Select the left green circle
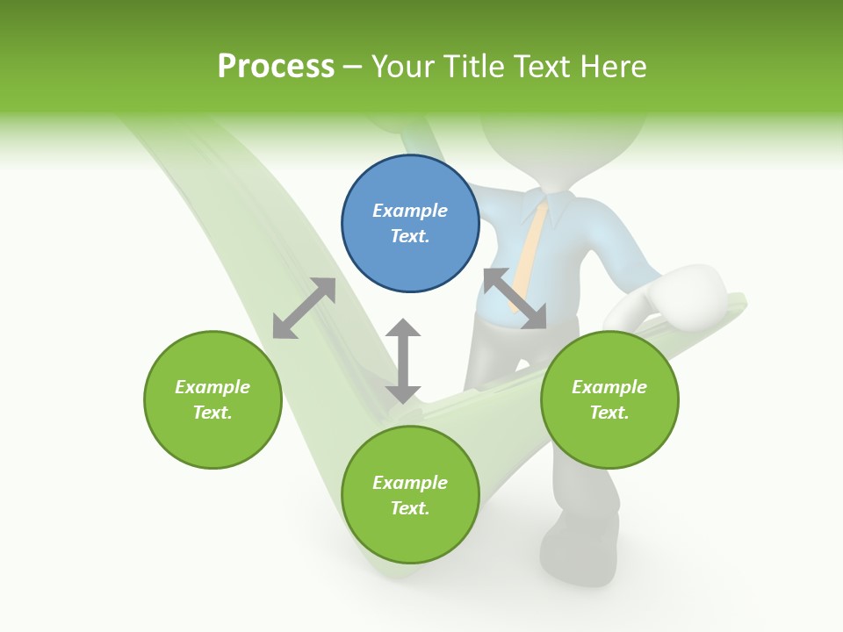pyautogui.click(x=213, y=399)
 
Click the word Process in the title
pyautogui.click(x=276, y=66)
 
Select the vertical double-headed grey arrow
pyautogui.click(x=403, y=361)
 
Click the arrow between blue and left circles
pyautogui.click(x=304, y=308)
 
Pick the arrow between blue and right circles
pyautogui.click(x=515, y=298)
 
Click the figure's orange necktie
pyautogui.click(x=529, y=255)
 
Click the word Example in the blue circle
pyautogui.click(x=410, y=211)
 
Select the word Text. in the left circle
pyautogui.click(x=213, y=413)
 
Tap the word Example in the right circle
pyautogui.click(x=609, y=387)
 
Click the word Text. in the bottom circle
pyautogui.click(x=410, y=508)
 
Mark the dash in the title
pyautogui.click(x=353, y=67)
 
